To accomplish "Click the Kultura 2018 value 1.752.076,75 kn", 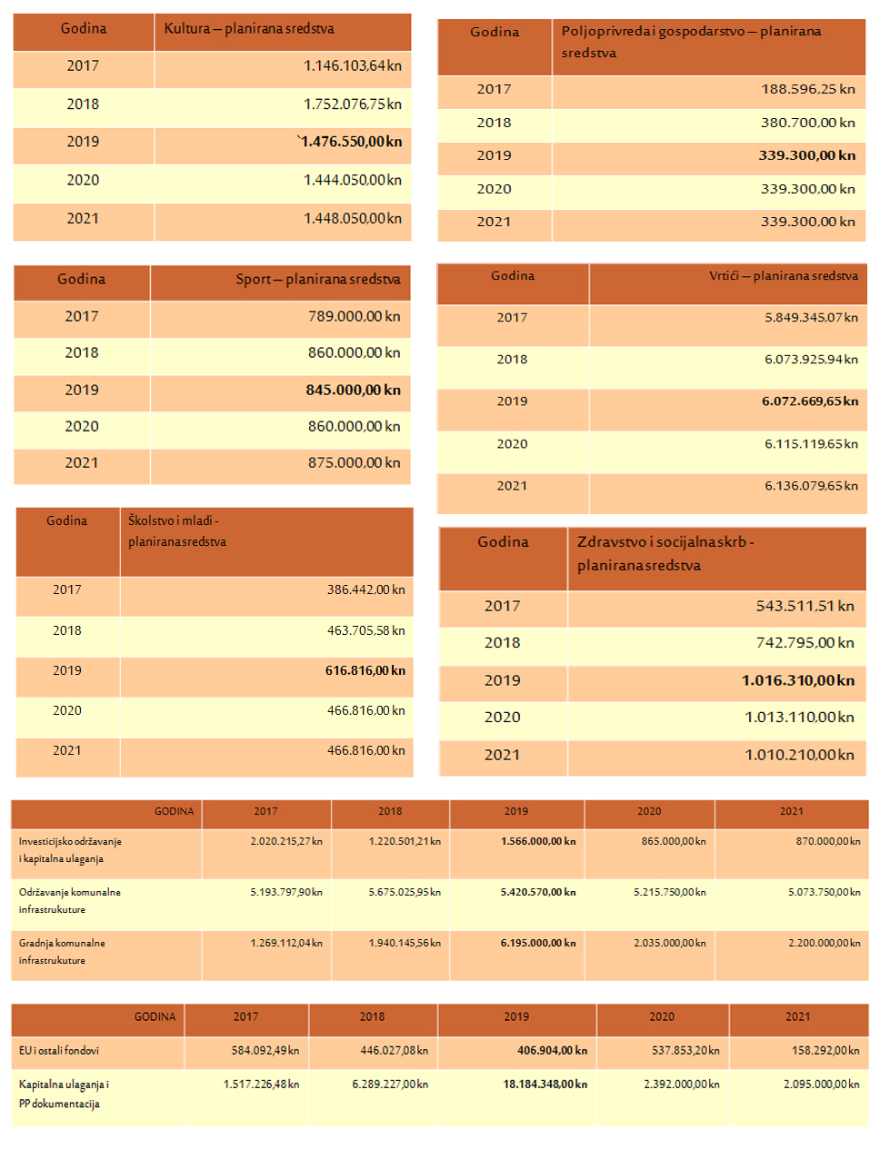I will (352, 104).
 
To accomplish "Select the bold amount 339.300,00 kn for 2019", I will (806, 155).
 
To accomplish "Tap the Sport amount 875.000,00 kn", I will (354, 463).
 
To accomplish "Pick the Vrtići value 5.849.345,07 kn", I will (811, 318).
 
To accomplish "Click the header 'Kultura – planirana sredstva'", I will (248, 29).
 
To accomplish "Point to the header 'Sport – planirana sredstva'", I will (317, 280).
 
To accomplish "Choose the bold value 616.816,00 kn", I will (365, 670).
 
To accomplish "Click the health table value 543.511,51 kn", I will (805, 606).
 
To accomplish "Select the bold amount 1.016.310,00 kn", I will (797, 680).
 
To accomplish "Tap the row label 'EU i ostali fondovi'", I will (59, 1051).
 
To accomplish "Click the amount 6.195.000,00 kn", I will (537, 943).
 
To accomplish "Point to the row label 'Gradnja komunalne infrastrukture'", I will (62, 951).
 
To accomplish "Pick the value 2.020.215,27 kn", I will (286, 841).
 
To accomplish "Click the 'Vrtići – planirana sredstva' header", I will (783, 276).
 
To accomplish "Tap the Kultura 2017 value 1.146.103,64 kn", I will (352, 66).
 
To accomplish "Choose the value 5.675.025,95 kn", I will (405, 892).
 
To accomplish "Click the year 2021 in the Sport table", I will (82, 463).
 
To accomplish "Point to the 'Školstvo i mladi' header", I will (176, 530).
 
